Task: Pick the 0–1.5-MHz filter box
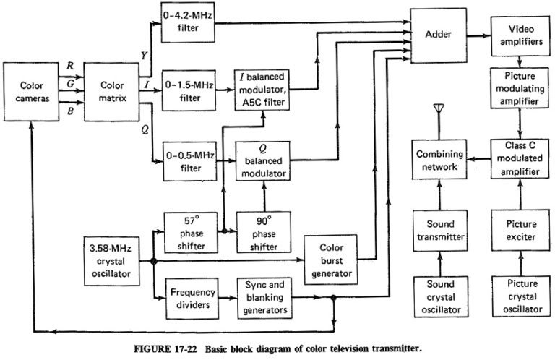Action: (x=189, y=90)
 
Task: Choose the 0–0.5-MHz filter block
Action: (x=189, y=160)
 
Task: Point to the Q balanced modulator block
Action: (x=264, y=160)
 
